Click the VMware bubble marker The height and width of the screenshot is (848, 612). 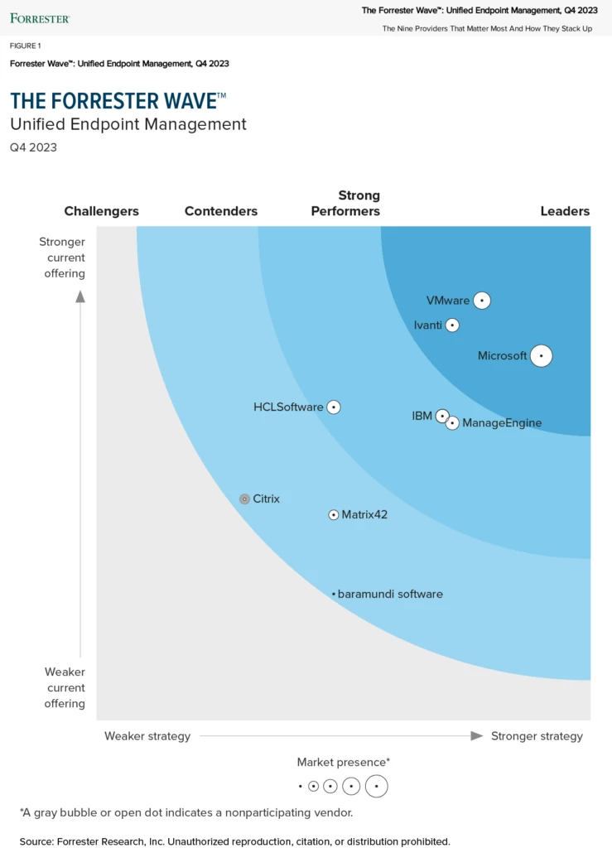click(482, 301)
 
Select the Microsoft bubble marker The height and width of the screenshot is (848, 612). click(541, 356)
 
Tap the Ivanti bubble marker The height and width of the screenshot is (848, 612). click(452, 325)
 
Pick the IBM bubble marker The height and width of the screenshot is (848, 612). click(442, 416)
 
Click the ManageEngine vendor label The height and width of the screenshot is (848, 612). click(502, 423)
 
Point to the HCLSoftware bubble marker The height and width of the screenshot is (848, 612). click(334, 407)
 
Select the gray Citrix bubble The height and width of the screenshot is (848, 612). click(244, 499)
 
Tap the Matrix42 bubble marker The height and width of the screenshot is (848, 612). click(334, 514)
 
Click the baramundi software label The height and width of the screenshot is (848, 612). click(390, 594)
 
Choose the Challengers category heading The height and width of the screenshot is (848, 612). click(102, 211)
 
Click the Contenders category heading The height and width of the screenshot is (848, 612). click(221, 211)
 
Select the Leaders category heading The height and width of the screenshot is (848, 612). click(565, 211)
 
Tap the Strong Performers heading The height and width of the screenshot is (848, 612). click(345, 203)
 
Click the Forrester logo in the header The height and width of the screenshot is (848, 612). click(40, 17)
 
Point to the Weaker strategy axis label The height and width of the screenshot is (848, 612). click(147, 736)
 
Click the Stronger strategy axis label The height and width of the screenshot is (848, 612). click(537, 736)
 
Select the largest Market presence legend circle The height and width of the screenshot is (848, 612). click(376, 786)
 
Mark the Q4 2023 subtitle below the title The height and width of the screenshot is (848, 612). click(33, 147)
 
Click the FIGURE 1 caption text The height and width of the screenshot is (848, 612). click(26, 46)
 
